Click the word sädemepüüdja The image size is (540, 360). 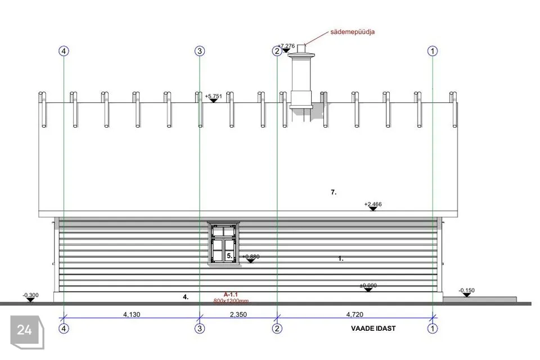pyautogui.click(x=353, y=32)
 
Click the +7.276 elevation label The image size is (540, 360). pyautogui.click(x=286, y=46)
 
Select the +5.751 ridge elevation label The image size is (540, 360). pyautogui.click(x=214, y=96)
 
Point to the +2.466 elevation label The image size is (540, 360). pyautogui.click(x=373, y=204)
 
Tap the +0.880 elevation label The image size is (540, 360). pyautogui.click(x=251, y=256)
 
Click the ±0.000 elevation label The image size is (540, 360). pyautogui.click(x=368, y=286)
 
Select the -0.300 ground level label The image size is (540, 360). pyautogui.click(x=30, y=295)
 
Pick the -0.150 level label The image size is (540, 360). pyautogui.click(x=466, y=290)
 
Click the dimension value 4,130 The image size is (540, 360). pyautogui.click(x=132, y=315)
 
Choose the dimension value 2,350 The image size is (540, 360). pyautogui.click(x=238, y=315)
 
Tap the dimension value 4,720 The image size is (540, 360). pyautogui.click(x=354, y=315)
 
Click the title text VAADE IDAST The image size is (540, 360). pyautogui.click(x=373, y=328)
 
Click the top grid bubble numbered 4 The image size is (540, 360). pyautogui.click(x=64, y=51)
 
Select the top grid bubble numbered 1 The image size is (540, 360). pyautogui.click(x=432, y=51)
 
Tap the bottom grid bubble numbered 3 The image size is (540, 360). pyautogui.click(x=200, y=328)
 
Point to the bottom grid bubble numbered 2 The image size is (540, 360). pyautogui.click(x=277, y=328)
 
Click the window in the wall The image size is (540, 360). pyautogui.click(x=223, y=242)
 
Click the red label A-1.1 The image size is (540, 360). pyautogui.click(x=231, y=295)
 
